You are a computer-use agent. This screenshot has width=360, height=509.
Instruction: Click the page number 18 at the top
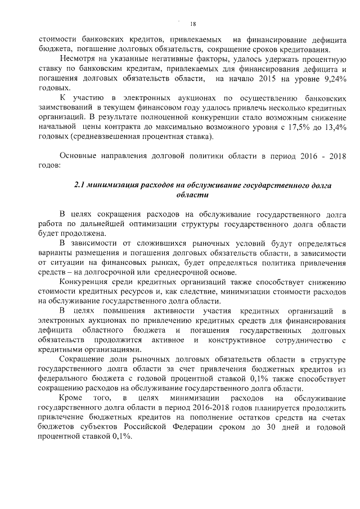coord(193,24)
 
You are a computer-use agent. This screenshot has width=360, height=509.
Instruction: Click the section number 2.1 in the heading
coord(83,185)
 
